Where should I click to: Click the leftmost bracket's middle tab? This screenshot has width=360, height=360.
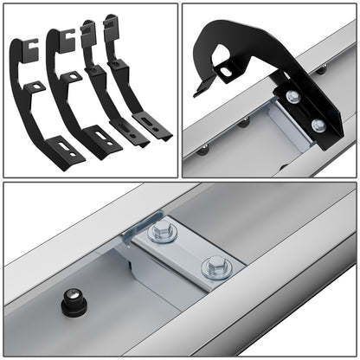(35, 87)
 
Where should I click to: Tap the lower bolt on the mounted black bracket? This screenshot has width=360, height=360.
(318, 125)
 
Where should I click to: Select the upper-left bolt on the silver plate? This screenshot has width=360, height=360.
(162, 232)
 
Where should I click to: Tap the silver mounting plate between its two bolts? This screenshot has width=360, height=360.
(188, 250)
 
